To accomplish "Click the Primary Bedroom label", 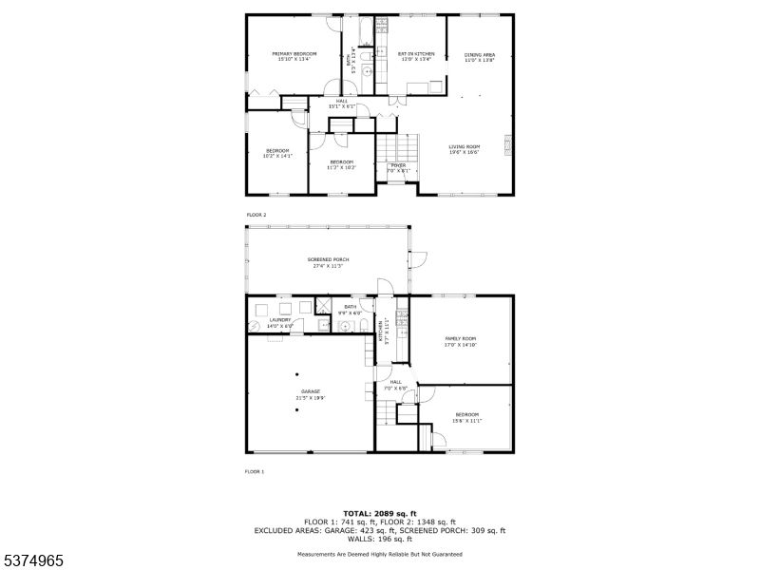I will pos(294,56).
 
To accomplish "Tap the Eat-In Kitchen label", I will pos(415,56).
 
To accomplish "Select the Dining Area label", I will pos(479,57).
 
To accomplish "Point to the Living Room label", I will pos(465,149).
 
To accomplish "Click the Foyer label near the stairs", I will pos(398,168).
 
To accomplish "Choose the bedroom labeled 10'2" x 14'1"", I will pos(277,153).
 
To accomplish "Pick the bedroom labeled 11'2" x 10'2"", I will pos(341,164).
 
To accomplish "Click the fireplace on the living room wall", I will pos(509,145).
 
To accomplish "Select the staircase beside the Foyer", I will pos(398,147).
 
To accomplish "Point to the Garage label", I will pos(311,394).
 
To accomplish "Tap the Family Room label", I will pos(460,341).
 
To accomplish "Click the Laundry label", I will pos(279,323).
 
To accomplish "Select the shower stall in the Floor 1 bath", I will pos(324,307).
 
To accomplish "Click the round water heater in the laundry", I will pos(254,325).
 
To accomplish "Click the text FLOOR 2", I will pos(256,216).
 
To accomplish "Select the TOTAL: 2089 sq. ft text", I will pos(379,513).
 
